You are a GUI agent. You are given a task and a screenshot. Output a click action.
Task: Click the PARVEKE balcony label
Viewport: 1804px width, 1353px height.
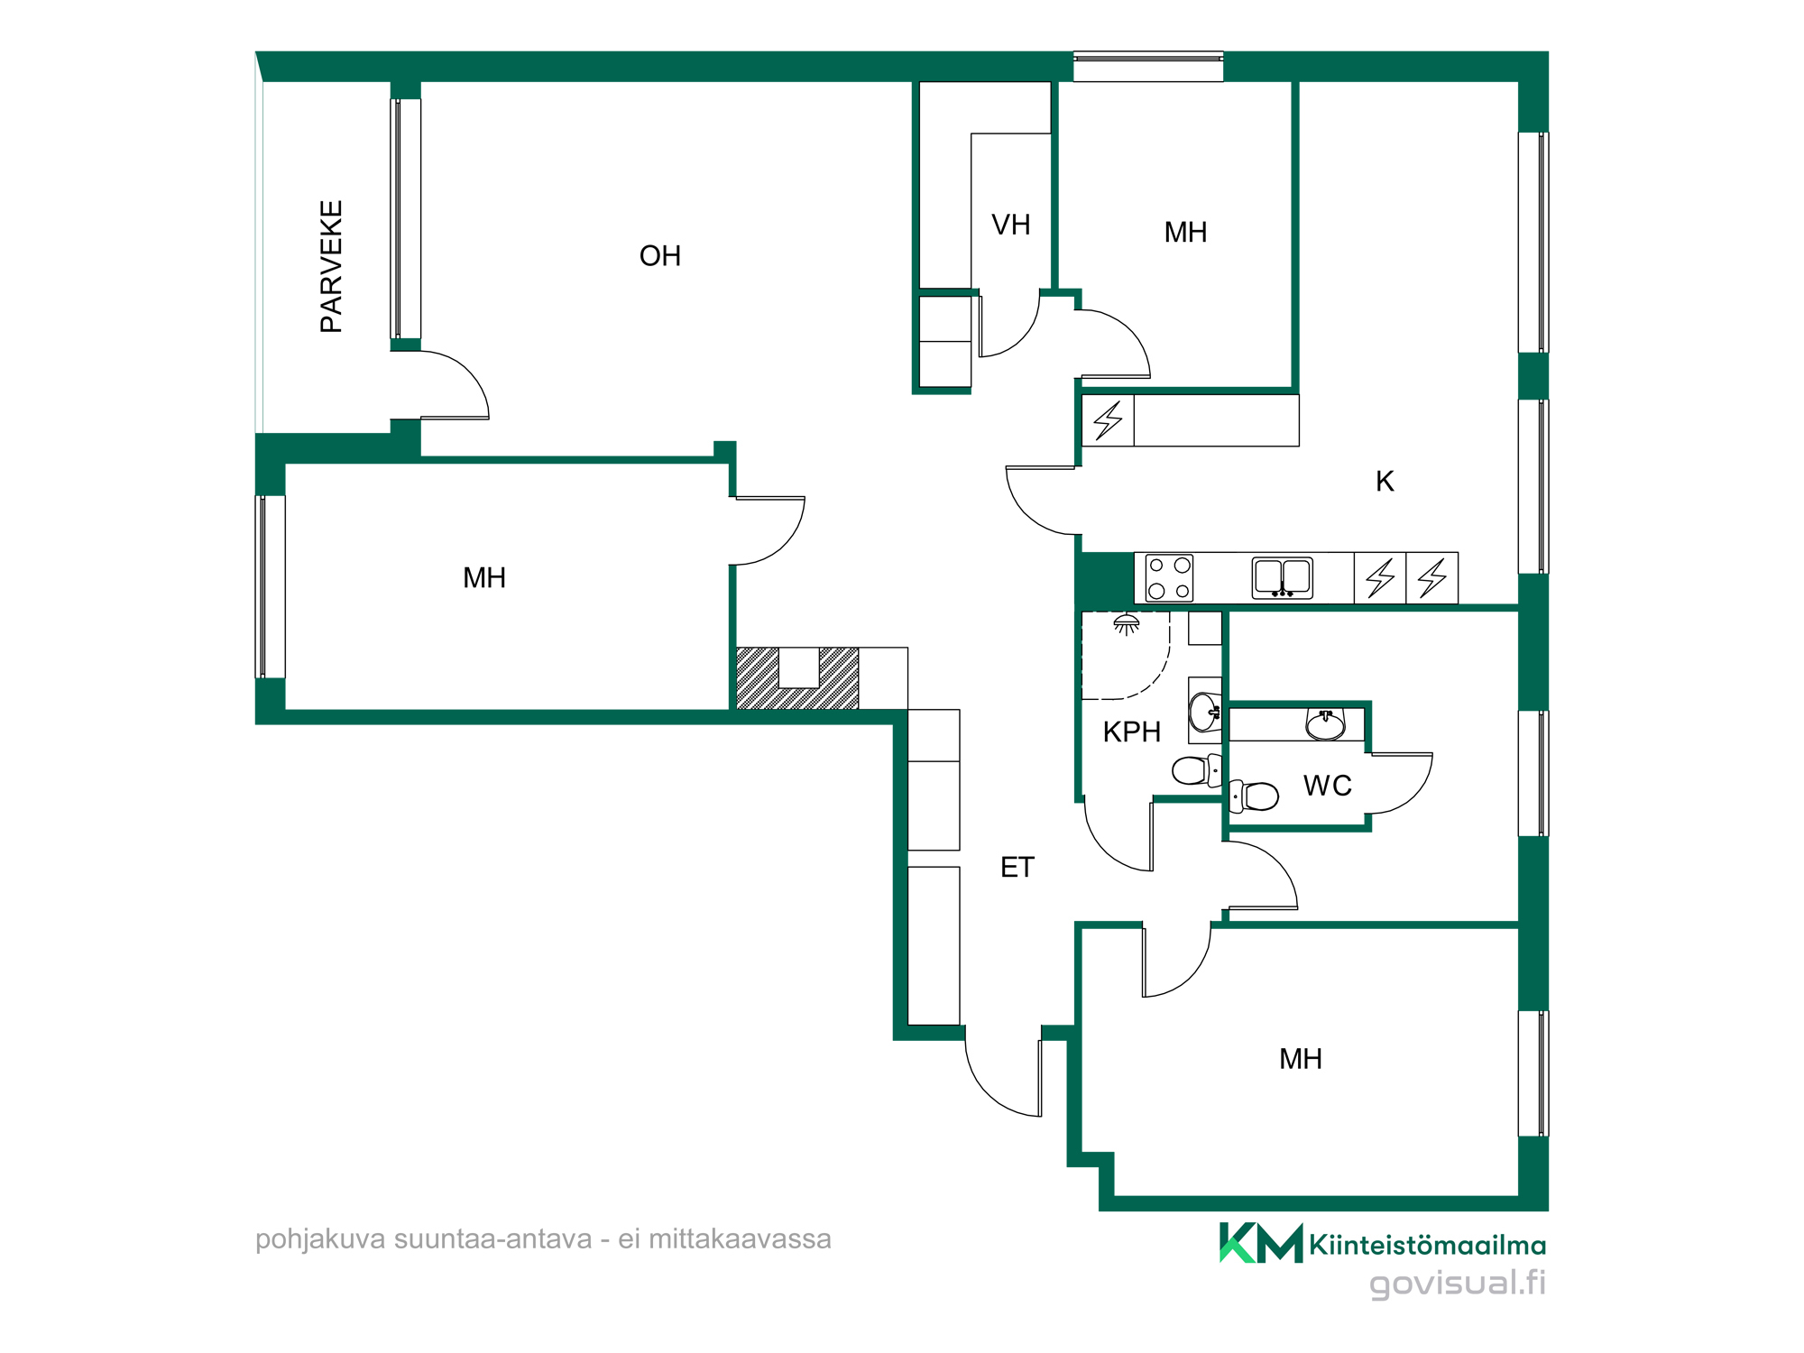(332, 267)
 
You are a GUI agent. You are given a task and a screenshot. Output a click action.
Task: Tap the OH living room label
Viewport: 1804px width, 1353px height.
(660, 256)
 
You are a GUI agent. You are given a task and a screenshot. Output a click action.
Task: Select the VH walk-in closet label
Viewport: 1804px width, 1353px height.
(1011, 225)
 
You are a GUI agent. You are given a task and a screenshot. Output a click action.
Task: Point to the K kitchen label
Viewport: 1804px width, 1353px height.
(1385, 482)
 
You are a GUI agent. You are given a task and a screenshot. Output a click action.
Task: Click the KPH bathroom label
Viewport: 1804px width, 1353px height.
(1132, 732)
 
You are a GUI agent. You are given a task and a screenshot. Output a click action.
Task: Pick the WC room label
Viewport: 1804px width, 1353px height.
(1328, 786)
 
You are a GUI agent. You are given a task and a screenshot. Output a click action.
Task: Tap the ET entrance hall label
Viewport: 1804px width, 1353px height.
(1017, 868)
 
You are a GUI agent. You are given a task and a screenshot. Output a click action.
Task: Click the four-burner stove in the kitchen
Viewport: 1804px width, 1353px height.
(1169, 578)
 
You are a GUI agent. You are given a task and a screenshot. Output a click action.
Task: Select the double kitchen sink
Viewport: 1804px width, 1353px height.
(1282, 578)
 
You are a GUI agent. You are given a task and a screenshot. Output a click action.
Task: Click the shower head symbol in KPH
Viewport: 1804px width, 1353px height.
(1126, 624)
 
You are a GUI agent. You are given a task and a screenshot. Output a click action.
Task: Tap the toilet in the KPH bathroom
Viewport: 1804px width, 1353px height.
(1197, 770)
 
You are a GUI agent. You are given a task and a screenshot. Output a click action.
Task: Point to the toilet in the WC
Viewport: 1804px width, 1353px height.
(1254, 796)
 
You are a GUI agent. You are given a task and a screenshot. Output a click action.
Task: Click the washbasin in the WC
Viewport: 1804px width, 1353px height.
(1326, 724)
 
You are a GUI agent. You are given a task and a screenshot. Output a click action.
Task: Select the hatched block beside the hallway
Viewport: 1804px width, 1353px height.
(797, 678)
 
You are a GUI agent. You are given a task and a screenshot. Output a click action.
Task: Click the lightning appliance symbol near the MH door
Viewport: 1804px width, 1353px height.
(1108, 420)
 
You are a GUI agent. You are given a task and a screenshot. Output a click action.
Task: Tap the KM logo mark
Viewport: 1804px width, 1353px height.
(1261, 1243)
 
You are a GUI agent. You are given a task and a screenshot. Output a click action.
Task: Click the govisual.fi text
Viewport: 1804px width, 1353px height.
(1458, 1284)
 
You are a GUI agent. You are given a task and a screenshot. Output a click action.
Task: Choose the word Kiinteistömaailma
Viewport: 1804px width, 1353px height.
(1428, 1246)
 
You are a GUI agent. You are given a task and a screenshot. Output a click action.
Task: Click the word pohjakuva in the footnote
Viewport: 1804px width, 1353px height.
(321, 1240)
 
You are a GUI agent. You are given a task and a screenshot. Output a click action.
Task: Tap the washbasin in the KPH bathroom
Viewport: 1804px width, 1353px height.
(1204, 712)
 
